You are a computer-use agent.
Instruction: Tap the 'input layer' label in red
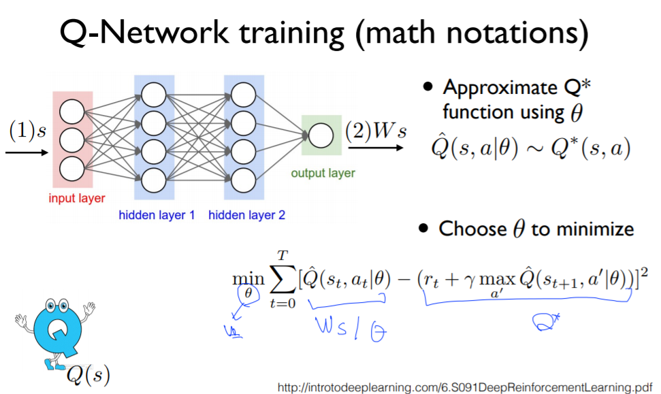[x=77, y=199]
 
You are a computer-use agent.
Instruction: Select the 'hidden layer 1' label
[x=157, y=216]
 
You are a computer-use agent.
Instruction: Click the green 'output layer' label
[x=323, y=173]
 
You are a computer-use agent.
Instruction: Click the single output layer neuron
[x=321, y=135]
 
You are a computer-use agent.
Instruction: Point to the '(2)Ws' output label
[x=376, y=131]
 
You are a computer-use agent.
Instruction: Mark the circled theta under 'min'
[x=248, y=293]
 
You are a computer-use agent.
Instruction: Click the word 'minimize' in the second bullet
[x=596, y=229]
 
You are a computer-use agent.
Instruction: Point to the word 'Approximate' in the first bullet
[x=500, y=88]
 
